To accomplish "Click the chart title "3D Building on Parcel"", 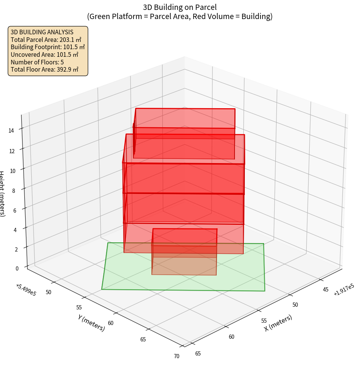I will click(180, 7).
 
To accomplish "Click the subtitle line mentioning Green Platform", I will click(180, 16).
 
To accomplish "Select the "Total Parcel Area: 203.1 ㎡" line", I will click(46, 40).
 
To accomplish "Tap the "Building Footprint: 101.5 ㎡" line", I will click(48, 47).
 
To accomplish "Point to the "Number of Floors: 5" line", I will click(37, 62).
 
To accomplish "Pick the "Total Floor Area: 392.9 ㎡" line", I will click(45, 69).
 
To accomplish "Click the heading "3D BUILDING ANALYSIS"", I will click(42, 32).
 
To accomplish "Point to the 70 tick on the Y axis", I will click(177, 356).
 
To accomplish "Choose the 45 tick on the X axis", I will click(326, 290).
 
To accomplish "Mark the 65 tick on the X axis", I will click(198, 353).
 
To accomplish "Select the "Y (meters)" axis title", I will click(92, 323).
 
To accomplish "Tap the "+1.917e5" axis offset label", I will click(344, 290).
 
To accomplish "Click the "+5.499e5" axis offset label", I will click(26, 290).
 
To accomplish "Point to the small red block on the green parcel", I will click(184, 251).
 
